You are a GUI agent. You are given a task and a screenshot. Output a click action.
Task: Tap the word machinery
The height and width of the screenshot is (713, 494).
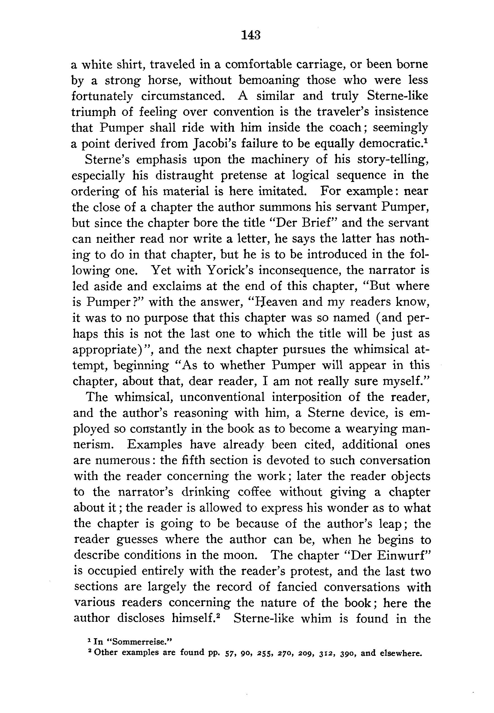pos(280,159)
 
